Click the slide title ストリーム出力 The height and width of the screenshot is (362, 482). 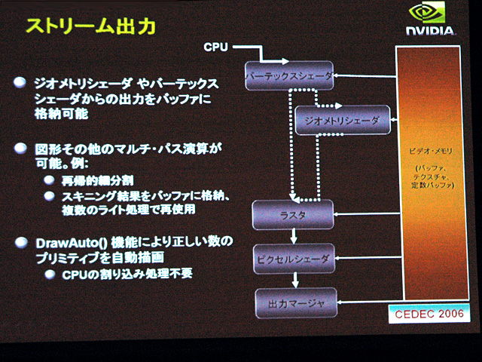point(90,27)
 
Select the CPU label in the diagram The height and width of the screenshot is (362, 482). point(215,48)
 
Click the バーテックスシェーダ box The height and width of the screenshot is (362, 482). point(289,75)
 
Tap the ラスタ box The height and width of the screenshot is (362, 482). point(292,215)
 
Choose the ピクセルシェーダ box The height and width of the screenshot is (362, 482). point(293,258)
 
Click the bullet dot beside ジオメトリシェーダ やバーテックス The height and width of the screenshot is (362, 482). point(20,82)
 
